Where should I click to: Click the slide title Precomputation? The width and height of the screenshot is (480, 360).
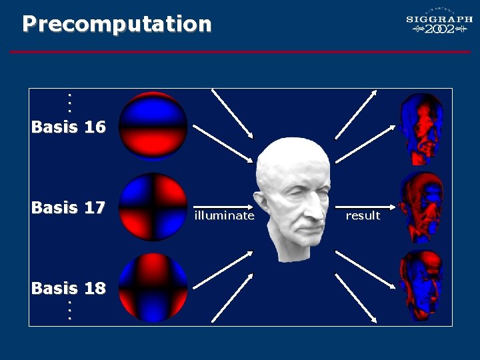(x=117, y=24)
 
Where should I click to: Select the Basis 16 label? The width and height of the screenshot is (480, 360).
(x=69, y=127)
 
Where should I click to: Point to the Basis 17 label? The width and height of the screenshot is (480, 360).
(x=69, y=207)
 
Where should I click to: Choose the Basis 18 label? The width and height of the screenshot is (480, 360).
(x=69, y=288)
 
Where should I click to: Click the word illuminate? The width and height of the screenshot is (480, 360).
(x=224, y=215)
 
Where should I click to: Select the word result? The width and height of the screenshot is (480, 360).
(x=363, y=215)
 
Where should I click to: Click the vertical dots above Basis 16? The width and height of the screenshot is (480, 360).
(x=69, y=102)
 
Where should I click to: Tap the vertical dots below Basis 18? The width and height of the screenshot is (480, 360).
(x=69, y=310)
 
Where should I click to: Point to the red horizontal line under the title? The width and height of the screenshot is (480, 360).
(x=240, y=51)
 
